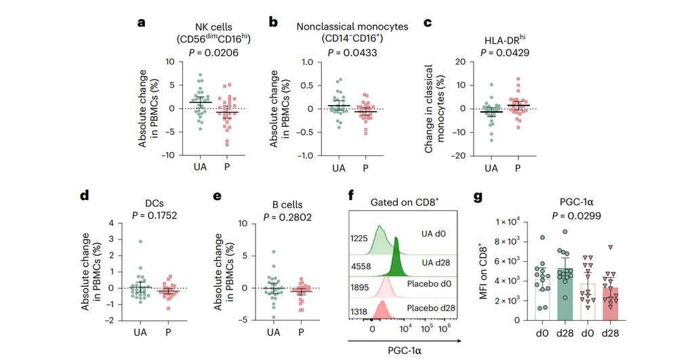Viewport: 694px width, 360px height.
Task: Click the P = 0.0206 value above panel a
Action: pyautogui.click(x=213, y=53)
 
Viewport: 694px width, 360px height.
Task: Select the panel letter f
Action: pyautogui.click(x=351, y=195)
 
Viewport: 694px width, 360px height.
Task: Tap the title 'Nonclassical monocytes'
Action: pyautogui.click(x=352, y=26)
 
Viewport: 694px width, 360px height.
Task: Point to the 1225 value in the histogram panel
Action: pyautogui.click(x=359, y=239)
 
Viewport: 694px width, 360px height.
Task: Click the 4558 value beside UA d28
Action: pyautogui.click(x=361, y=266)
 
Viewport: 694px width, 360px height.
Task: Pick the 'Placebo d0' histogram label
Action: pyautogui.click(x=429, y=283)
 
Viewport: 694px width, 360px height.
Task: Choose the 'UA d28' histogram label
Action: pyautogui.click(x=436, y=262)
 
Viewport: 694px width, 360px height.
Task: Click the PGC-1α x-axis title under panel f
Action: pyautogui.click(x=405, y=351)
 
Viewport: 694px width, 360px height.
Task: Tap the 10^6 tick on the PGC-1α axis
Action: pyautogui.click(x=444, y=328)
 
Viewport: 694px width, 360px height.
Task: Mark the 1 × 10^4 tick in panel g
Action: pyautogui.click(x=508, y=222)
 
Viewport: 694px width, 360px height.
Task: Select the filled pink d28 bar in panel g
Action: pyautogui.click(x=610, y=304)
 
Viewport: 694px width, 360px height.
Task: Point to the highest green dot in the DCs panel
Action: pyautogui.click(x=140, y=242)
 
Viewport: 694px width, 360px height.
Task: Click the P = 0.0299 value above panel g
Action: pyautogui.click(x=576, y=216)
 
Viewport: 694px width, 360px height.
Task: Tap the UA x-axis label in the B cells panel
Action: pyautogui.click(x=273, y=332)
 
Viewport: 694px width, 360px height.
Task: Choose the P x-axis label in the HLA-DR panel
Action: pyautogui.click(x=518, y=168)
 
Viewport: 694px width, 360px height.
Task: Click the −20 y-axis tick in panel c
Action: pyautogui.click(x=459, y=155)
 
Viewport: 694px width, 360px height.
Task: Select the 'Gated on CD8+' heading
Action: pyautogui.click(x=405, y=202)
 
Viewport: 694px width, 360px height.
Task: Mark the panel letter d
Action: pyautogui.click(x=85, y=195)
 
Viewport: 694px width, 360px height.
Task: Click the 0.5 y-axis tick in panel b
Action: pyautogui.click(x=306, y=85)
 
